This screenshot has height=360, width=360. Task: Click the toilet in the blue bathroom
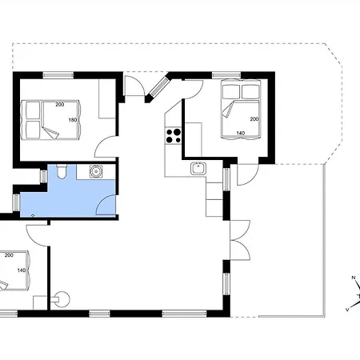point(62,171)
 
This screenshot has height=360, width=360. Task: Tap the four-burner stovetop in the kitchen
point(173,136)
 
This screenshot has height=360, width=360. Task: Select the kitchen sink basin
point(198,168)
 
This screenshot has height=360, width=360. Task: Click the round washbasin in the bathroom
point(96,171)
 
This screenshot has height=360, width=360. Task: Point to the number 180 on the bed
point(73,120)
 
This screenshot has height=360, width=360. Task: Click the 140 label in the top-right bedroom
point(241,133)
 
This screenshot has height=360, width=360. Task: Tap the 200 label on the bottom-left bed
point(9,255)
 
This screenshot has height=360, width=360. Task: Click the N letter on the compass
point(354,278)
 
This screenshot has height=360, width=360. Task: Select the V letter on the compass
point(347,310)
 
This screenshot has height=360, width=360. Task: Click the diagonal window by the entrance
point(159,87)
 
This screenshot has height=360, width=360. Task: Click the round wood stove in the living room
point(62,299)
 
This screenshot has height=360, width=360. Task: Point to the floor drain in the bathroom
point(33,215)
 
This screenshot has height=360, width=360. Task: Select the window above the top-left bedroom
point(58,75)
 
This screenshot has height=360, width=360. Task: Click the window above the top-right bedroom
point(226,75)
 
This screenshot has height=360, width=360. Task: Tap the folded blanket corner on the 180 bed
point(50,133)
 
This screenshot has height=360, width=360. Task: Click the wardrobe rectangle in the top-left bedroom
point(107,98)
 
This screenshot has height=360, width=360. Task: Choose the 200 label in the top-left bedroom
point(60,105)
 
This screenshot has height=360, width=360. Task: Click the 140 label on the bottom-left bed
point(22,270)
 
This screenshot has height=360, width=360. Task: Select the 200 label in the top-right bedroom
point(254,119)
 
